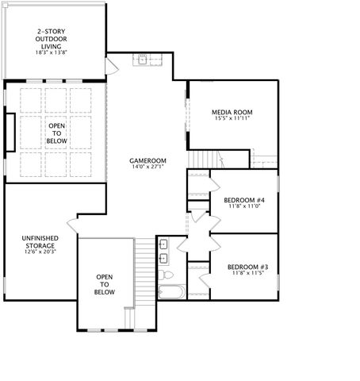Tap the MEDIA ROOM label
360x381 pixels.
pos(232,112)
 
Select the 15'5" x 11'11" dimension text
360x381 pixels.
pos(232,119)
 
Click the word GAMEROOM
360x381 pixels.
pos(148,160)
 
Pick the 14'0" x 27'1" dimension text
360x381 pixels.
pos(148,167)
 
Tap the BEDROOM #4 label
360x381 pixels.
pos(243,199)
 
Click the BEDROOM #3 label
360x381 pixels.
pos(247,267)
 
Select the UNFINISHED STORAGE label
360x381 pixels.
pos(38,241)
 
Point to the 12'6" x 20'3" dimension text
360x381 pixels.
pos(38,252)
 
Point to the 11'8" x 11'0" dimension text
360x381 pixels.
pos(243,206)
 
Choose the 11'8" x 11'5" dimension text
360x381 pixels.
pos(247,274)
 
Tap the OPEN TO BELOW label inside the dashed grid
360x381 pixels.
pos(57,133)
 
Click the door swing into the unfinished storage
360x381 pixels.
pos(73,224)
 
